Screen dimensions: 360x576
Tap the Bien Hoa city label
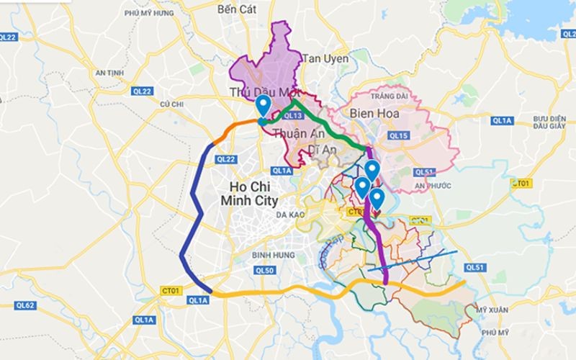click(x=374, y=113)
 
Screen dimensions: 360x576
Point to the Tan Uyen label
click(x=325, y=58)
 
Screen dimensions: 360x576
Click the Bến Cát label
click(x=237, y=9)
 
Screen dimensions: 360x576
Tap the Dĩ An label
click(x=323, y=149)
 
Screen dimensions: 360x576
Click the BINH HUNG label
click(x=270, y=255)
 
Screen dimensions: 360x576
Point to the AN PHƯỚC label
click(x=433, y=186)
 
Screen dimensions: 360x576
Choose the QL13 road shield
click(x=292, y=115)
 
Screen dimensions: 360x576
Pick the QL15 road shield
click(x=397, y=135)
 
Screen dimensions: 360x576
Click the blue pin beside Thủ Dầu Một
click(x=264, y=105)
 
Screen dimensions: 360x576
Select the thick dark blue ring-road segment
click(x=189, y=216)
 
